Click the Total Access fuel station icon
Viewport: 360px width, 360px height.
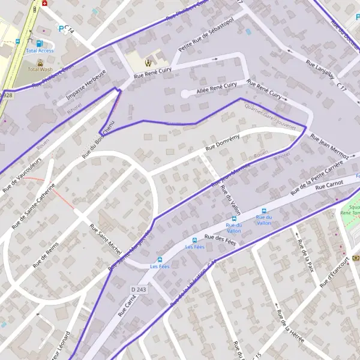pyautogui.click(x=40, y=43)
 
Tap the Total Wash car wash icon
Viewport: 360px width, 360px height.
pyautogui.click(x=40, y=62)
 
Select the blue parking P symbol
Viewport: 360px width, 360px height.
pyautogui.click(x=61, y=28)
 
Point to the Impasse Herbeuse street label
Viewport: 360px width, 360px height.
pyautogui.click(x=86, y=85)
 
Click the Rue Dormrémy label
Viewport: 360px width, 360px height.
pyautogui.click(x=223, y=142)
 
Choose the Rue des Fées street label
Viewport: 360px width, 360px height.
pyautogui.click(x=220, y=238)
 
